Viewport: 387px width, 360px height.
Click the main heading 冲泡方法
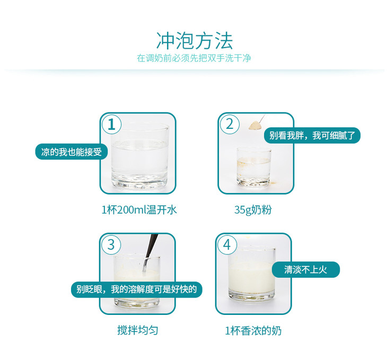(195, 41)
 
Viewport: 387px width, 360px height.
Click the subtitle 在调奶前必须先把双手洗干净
(194, 58)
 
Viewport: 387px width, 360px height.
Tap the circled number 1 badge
(111, 124)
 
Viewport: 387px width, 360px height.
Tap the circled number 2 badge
(230, 124)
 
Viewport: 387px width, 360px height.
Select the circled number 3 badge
(111, 245)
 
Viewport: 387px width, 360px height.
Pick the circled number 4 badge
(227, 245)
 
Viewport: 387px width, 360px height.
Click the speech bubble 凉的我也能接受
(72, 152)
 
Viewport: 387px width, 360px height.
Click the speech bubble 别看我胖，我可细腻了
(312, 135)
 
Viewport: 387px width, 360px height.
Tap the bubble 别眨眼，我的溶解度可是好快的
(136, 289)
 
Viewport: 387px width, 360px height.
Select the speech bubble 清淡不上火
(306, 269)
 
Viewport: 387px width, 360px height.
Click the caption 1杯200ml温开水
(139, 210)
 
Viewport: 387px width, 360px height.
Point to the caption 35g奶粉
(253, 210)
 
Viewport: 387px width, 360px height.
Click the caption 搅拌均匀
(138, 330)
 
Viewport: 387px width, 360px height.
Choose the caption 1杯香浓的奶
(253, 331)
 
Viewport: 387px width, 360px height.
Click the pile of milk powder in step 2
(255, 126)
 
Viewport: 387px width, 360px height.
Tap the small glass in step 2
(254, 167)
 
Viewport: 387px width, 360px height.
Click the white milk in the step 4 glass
(251, 277)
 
